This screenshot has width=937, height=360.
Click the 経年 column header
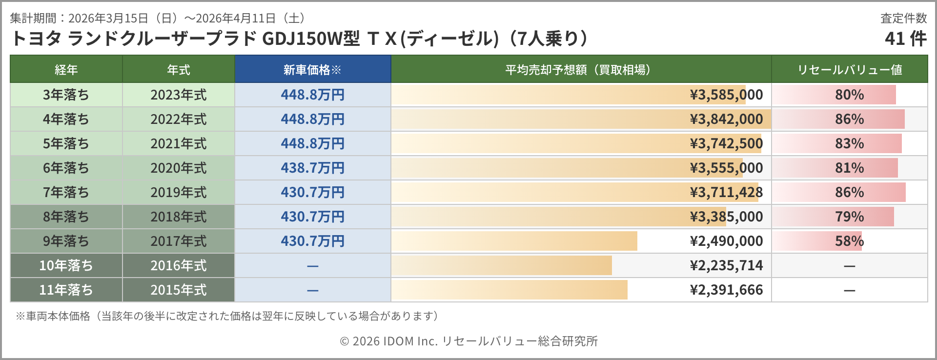[66, 70]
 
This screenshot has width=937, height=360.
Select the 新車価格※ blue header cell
[312, 70]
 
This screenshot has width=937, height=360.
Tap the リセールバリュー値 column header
[849, 70]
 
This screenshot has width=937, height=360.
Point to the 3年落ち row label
[66, 95]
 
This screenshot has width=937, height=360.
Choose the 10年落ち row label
[66, 265]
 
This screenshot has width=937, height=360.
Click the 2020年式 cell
[178, 168]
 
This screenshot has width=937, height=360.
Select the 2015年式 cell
[178, 290]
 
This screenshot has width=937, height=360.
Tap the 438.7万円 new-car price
[312, 168]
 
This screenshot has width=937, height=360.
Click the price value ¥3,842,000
[726, 119]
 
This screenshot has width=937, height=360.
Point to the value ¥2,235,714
[726, 265]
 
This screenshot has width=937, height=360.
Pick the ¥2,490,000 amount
[726, 241]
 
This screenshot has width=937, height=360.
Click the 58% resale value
[849, 241]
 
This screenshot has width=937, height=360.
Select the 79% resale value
[849, 217]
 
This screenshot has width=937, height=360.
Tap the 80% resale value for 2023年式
[849, 95]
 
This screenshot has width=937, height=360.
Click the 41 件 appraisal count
[905, 39]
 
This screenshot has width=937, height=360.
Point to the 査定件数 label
[903, 18]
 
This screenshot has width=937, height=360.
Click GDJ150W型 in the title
[311, 39]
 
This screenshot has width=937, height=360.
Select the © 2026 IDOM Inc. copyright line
[468, 341]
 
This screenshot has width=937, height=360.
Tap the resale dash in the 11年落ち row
[849, 290]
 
